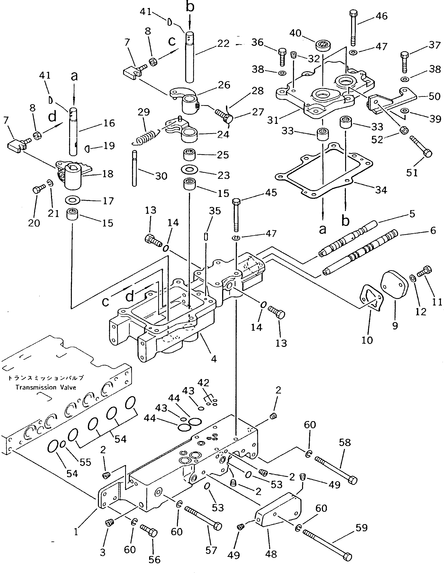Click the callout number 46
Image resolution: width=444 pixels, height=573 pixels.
pos(381,16)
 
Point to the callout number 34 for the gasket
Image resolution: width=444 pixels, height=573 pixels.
pos(381,190)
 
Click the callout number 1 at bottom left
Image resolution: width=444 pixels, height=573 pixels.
pos(76,532)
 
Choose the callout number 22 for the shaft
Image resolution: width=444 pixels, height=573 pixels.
pos(223,43)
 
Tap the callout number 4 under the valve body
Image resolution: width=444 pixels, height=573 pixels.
pos(214,359)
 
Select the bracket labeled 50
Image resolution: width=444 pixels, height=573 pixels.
pos(393,101)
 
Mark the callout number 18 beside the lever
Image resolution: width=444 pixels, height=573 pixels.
pos(108,174)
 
